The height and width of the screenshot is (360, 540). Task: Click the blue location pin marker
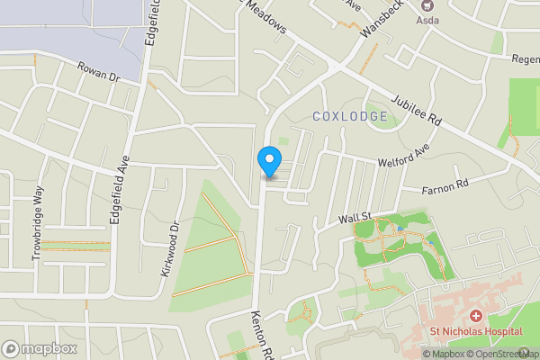[268, 160]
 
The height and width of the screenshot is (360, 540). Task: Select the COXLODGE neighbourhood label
[350, 116]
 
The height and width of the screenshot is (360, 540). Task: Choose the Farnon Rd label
[446, 188]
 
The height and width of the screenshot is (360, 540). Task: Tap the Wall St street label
[355, 218]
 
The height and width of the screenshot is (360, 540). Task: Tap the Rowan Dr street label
[98, 72]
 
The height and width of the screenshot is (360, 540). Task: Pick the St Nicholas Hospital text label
[475, 331]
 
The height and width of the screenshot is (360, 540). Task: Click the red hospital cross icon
[475, 315]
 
